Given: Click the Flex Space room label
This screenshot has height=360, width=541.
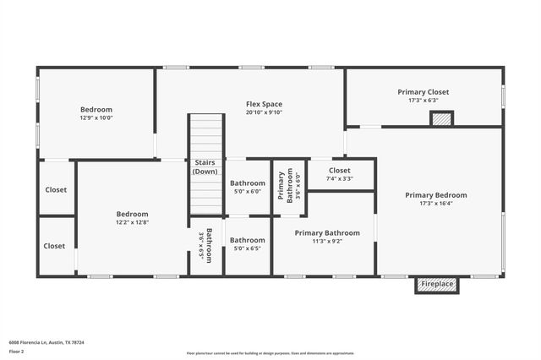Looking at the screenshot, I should [x=264, y=104].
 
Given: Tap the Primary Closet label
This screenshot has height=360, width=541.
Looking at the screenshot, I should [x=423, y=92].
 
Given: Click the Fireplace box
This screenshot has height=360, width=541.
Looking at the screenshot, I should [x=437, y=284].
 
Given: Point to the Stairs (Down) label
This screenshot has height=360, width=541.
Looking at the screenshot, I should [x=205, y=166].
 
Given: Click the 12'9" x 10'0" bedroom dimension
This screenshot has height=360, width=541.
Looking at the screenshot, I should [x=96, y=118].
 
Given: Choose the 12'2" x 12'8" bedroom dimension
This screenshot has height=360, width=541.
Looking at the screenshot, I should [x=132, y=223].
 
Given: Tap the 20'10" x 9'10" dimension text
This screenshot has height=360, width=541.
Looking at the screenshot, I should [x=264, y=112].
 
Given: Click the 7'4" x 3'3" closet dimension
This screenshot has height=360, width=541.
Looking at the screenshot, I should [x=340, y=178].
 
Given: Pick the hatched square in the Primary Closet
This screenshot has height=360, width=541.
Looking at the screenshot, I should [x=441, y=119].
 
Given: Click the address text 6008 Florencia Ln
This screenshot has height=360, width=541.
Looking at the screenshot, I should [x=46, y=342].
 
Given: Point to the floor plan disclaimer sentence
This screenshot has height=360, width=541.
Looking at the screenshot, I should [x=270, y=353].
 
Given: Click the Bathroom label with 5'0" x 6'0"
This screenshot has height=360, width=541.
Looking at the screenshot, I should [x=248, y=183].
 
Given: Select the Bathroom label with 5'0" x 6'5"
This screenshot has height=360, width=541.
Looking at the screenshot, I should [x=248, y=240].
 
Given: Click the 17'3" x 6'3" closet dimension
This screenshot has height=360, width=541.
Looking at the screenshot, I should [x=423, y=101].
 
